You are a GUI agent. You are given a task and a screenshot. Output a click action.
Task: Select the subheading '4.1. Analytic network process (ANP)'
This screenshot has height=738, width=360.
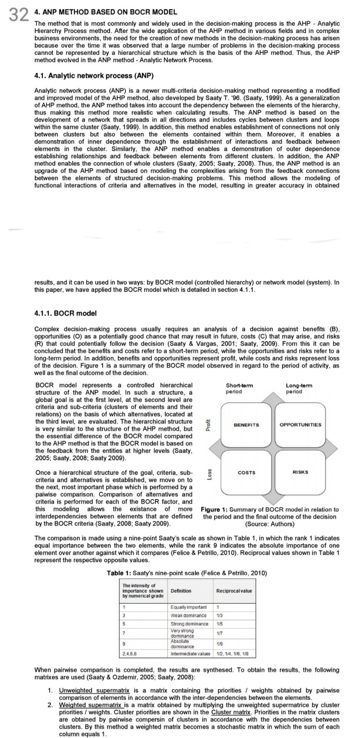pos(94,76)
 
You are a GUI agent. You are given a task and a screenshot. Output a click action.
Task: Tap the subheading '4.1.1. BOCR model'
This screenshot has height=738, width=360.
pos(65,313)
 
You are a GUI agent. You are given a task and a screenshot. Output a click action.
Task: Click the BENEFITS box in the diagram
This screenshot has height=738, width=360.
pos(246,425)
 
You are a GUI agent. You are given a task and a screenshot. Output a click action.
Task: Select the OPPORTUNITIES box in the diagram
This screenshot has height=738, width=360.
pos(300,425)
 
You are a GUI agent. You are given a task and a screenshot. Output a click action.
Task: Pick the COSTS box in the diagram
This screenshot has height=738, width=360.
pos(246,472)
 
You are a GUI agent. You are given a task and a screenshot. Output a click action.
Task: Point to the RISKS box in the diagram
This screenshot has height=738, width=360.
pos(300,472)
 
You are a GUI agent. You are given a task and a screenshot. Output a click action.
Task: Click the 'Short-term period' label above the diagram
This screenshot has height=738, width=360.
pos(239,388)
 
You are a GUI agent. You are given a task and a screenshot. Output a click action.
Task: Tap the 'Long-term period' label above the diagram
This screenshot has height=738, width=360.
pos(299,388)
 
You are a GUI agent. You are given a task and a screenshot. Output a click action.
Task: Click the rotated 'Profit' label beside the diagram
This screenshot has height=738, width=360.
pos(208,425)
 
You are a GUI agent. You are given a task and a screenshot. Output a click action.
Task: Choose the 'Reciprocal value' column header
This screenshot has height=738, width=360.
pos(234,590)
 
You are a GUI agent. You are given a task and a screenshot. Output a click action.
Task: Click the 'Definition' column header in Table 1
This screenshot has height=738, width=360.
pos(181,590)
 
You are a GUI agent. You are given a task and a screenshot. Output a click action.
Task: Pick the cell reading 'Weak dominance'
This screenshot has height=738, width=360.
pos(188,615)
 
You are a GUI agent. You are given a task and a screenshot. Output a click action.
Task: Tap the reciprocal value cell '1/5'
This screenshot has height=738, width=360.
pos(220,624)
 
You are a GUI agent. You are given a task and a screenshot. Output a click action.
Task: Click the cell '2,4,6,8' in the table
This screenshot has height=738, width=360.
pos(129,653)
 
